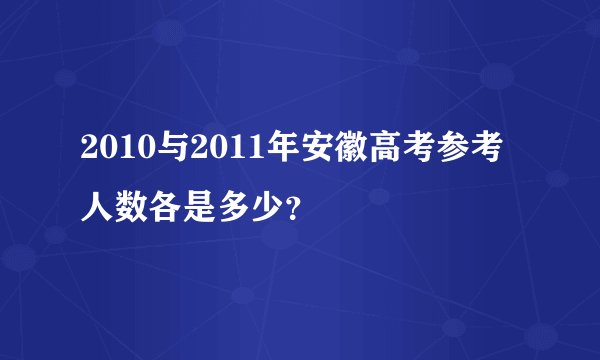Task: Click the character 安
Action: [x=318, y=154]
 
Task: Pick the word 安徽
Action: [x=337, y=154]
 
